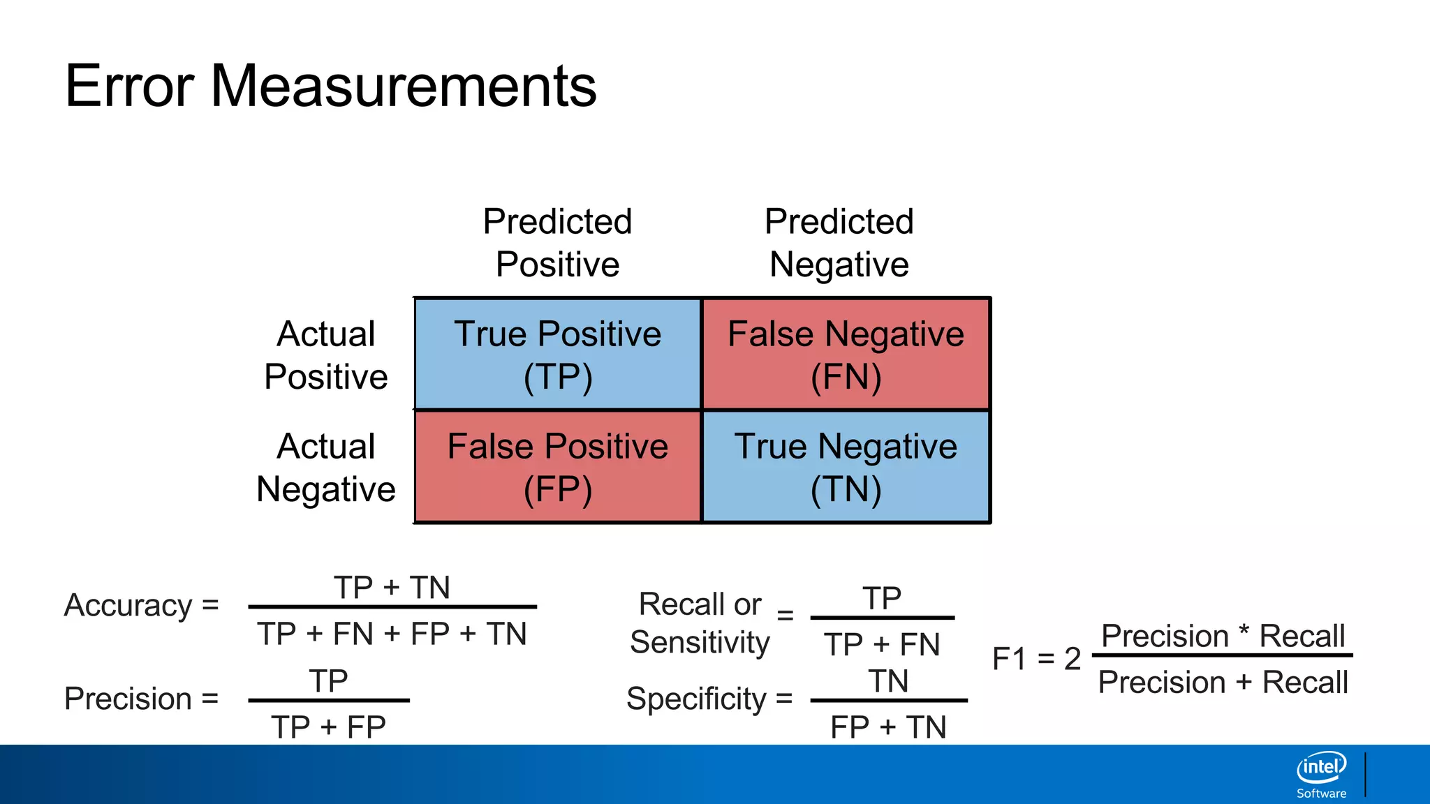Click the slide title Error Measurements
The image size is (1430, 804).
point(330,86)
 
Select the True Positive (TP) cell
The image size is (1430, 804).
point(557,355)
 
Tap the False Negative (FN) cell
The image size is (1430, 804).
point(846,355)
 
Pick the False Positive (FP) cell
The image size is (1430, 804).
point(557,467)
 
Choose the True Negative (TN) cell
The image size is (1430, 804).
point(846,467)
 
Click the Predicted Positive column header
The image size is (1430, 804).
point(557,242)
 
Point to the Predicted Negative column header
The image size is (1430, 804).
point(839,242)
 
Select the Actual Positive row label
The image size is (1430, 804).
point(325,355)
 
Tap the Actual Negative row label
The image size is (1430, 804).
point(325,467)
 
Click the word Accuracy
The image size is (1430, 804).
point(128,605)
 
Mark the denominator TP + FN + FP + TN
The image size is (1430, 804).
point(392,634)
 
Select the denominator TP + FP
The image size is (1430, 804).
point(328,727)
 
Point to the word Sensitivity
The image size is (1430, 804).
point(700,642)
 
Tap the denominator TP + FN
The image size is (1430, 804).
point(882,643)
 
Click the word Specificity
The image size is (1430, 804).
point(696,699)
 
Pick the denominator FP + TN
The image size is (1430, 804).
point(888,727)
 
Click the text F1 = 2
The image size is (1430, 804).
point(1036,658)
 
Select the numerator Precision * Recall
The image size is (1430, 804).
point(1223,636)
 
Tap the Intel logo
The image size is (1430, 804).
point(1321,768)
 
